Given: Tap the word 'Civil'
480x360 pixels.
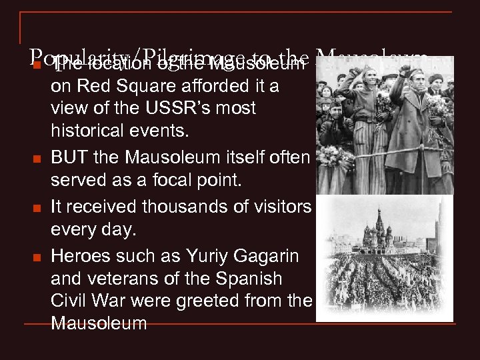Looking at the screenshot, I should pos(68,301).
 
